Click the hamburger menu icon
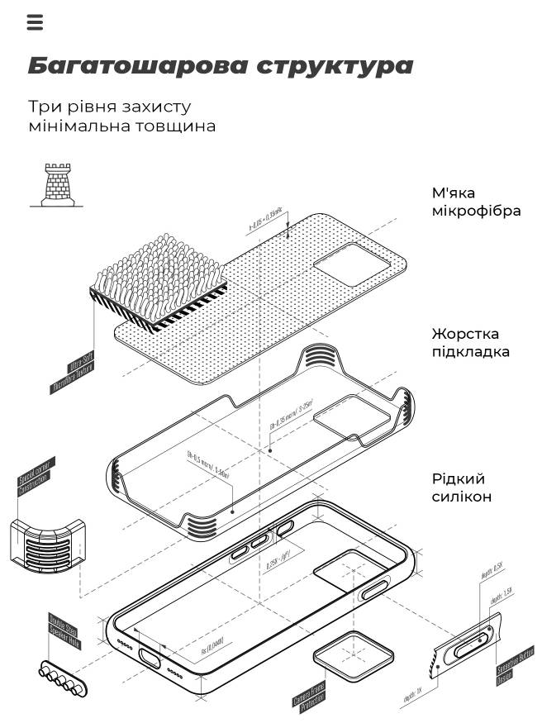pyautogui.click(x=35, y=22)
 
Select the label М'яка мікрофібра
pyautogui.click(x=476, y=202)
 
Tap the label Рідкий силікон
pyautogui.click(x=462, y=488)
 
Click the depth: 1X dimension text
pyautogui.click(x=413, y=699)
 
